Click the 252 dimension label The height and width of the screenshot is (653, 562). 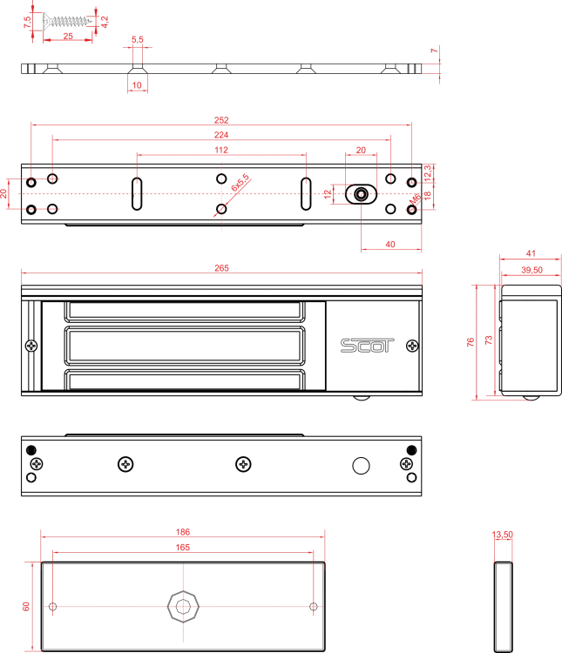221,120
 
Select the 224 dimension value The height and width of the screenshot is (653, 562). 221,135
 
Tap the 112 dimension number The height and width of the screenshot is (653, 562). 221,150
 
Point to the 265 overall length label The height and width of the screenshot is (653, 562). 222,268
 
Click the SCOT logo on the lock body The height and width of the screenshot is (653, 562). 367,346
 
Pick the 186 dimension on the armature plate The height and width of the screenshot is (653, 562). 183,532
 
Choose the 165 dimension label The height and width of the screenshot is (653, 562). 183,548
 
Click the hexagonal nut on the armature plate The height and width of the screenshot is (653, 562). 183,606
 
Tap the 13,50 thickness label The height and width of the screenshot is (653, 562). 503,535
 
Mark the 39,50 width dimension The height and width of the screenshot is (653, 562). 532,270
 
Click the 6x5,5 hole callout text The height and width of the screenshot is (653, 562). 240,183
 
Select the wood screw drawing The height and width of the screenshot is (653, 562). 68,20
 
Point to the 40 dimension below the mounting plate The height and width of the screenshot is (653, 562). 390,245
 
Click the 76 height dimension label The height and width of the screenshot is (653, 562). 471,342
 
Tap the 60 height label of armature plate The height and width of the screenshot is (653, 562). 26,606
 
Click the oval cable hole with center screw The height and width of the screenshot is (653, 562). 361,194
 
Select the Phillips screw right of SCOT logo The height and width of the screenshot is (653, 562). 412,346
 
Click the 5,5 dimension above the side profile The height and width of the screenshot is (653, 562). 138,39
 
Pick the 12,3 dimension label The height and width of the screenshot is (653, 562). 427,173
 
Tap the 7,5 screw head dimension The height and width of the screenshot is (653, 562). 28,22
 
